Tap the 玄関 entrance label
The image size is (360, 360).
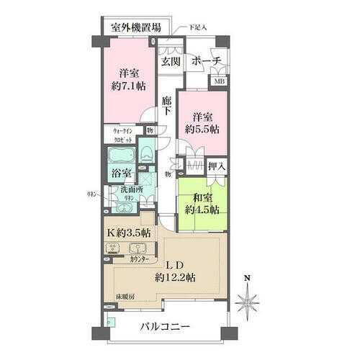coord(171,60)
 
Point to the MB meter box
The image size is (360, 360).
coord(218,82)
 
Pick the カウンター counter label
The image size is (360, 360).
coord(140,259)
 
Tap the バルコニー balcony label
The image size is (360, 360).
coord(166,328)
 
